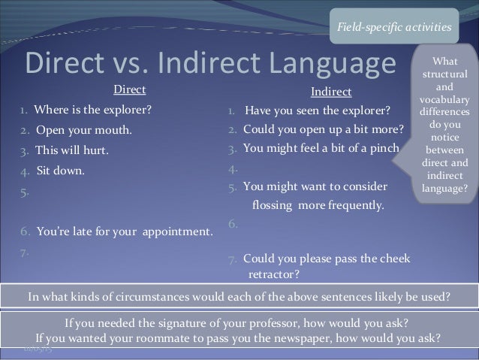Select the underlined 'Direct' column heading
pos(129,91)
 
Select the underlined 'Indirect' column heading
pos(330,92)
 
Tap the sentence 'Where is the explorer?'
pos(92,112)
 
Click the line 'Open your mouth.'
pos(83,131)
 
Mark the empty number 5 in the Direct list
pos(25,191)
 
